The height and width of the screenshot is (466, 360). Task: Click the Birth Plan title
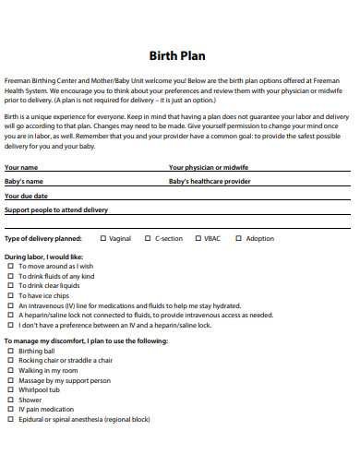(179, 54)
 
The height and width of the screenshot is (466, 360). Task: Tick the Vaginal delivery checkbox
(102, 238)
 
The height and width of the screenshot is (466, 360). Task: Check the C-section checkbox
(148, 238)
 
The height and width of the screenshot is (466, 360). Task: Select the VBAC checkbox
(196, 238)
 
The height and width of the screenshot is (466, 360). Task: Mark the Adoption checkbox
(238, 238)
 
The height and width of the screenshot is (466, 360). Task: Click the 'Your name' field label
(21, 167)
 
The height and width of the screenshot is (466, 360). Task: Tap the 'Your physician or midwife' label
(209, 167)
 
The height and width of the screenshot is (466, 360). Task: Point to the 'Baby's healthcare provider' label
(210, 181)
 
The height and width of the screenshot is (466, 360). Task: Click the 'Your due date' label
(26, 196)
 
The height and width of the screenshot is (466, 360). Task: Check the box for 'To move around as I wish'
(11, 266)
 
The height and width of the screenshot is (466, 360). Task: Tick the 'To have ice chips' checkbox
(11, 295)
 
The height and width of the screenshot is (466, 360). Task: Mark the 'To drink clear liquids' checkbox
(11, 285)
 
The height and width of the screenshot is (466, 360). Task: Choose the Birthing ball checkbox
(11, 352)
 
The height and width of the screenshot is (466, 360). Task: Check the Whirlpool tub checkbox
(11, 390)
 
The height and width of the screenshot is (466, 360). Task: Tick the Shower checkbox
(11, 400)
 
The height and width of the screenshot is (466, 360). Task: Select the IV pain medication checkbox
(11, 409)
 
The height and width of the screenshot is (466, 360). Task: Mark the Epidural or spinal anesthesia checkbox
(11, 419)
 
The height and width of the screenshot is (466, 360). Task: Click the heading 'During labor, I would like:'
(43, 257)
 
